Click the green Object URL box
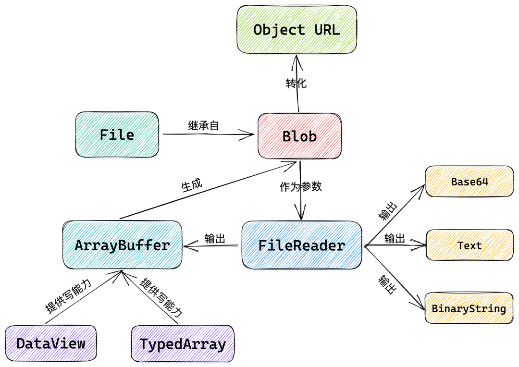[x=297, y=30]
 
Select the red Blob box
[x=299, y=136]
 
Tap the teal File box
[x=117, y=135]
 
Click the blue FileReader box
[x=302, y=245]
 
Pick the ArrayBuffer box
[x=123, y=245]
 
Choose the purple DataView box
[x=51, y=343]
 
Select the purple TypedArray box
[x=183, y=344]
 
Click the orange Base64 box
[x=470, y=182]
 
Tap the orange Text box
[x=470, y=245]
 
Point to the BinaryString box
[x=469, y=308]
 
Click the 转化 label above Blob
[x=296, y=83]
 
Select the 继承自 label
[x=203, y=126]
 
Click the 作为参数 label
[x=301, y=187]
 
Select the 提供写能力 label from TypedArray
[x=161, y=298]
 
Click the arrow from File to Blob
[x=207, y=135]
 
